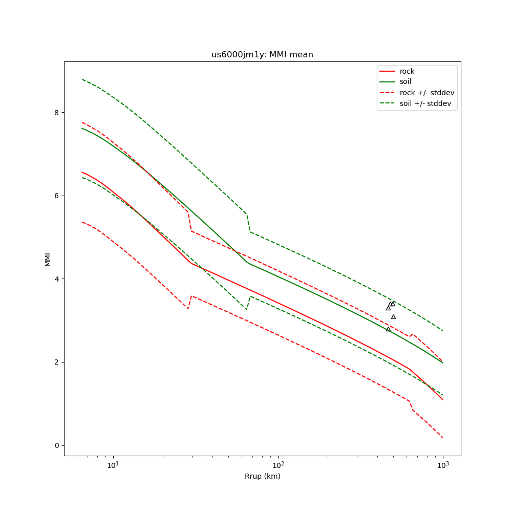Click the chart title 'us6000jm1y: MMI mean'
pyautogui.click(x=262, y=55)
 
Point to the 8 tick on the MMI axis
pyautogui.click(x=57, y=113)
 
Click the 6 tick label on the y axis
pyautogui.click(x=57, y=196)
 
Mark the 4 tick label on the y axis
pyautogui.click(x=57, y=279)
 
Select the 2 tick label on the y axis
pyautogui.click(x=57, y=362)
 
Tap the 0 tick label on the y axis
pyautogui.click(x=57, y=445)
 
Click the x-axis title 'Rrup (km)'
pyautogui.click(x=262, y=477)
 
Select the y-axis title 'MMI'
pyautogui.click(x=48, y=259)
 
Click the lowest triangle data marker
pyautogui.click(x=388, y=329)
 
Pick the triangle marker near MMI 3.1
pyautogui.click(x=393, y=317)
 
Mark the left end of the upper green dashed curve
pyautogui.click(x=82, y=79)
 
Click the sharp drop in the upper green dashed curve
pyautogui.click(x=248, y=223)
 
